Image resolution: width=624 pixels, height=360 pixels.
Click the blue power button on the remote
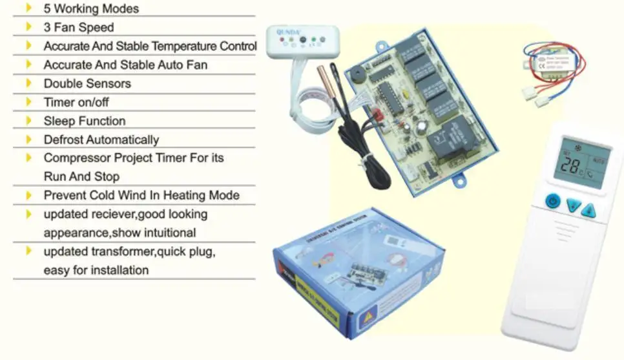(x=552, y=201)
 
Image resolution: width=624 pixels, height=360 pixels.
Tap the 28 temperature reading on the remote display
(x=570, y=165)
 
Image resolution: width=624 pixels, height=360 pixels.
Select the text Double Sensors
(x=87, y=83)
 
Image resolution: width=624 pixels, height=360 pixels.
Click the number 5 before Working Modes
(x=47, y=9)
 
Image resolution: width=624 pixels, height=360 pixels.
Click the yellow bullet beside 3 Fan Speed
(x=28, y=27)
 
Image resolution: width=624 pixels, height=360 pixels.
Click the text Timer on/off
(x=76, y=102)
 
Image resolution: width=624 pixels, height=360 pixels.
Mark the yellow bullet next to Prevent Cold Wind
(x=28, y=195)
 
